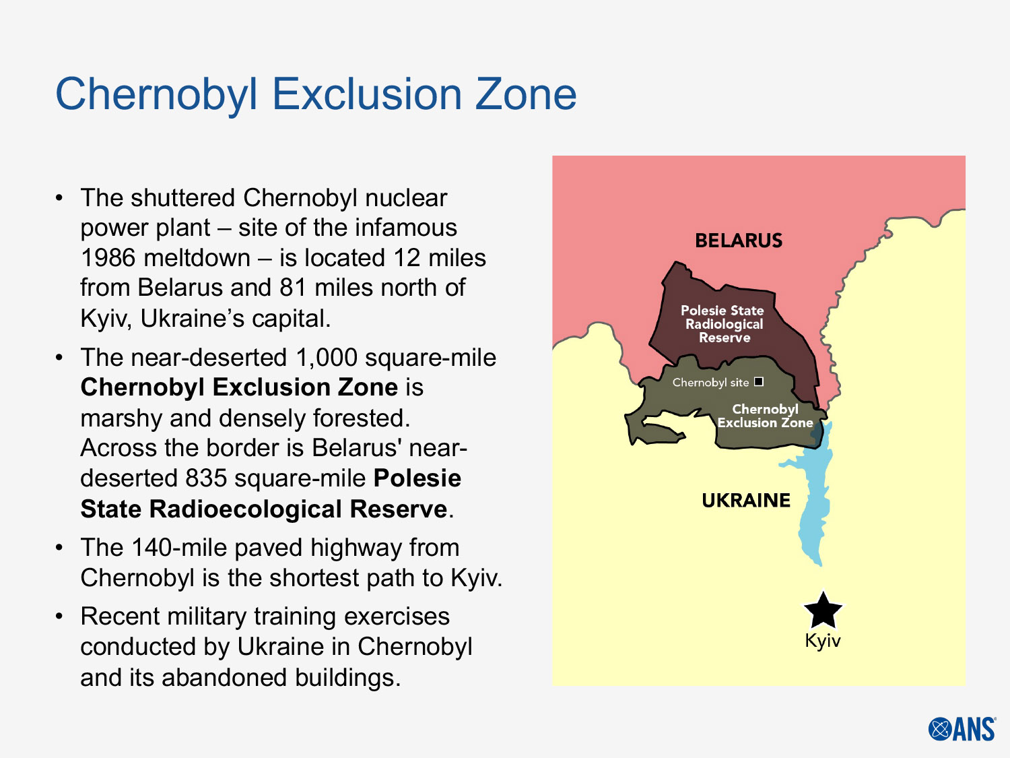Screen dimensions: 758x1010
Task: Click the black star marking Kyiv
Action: (823, 610)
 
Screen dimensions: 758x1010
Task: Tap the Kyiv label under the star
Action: (823, 640)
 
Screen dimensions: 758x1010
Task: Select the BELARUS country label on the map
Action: (739, 241)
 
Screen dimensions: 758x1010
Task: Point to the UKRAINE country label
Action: (746, 501)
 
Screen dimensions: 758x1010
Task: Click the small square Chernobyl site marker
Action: (759, 381)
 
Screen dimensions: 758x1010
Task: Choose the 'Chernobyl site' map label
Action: (710, 383)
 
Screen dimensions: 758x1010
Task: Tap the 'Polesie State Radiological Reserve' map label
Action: (723, 324)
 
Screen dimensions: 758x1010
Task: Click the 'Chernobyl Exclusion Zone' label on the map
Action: (766, 416)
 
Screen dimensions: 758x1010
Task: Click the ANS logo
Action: (962, 729)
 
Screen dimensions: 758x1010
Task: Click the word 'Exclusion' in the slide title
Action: (367, 94)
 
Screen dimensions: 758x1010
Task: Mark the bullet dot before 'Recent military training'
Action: (60, 616)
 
